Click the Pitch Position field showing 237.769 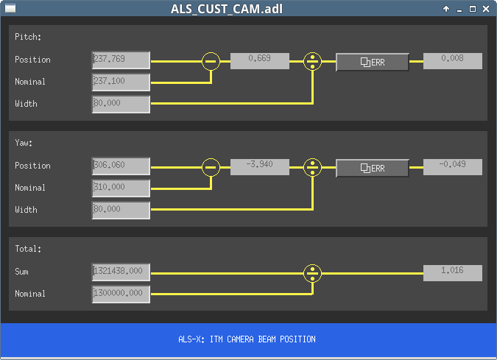121,60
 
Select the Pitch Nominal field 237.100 121,82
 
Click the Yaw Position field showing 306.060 121,166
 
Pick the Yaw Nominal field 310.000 121,188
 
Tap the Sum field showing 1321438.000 121,272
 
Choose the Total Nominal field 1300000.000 121,294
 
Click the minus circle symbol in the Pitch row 211,61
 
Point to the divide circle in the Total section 312,273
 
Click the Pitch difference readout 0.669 260,61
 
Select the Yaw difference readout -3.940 260,167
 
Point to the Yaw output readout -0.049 453,167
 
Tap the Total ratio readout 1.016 453,273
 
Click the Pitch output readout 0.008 453,61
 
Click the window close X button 486,9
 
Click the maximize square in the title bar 472,9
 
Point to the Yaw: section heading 24,143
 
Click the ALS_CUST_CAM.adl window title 227,9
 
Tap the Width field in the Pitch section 121,105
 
